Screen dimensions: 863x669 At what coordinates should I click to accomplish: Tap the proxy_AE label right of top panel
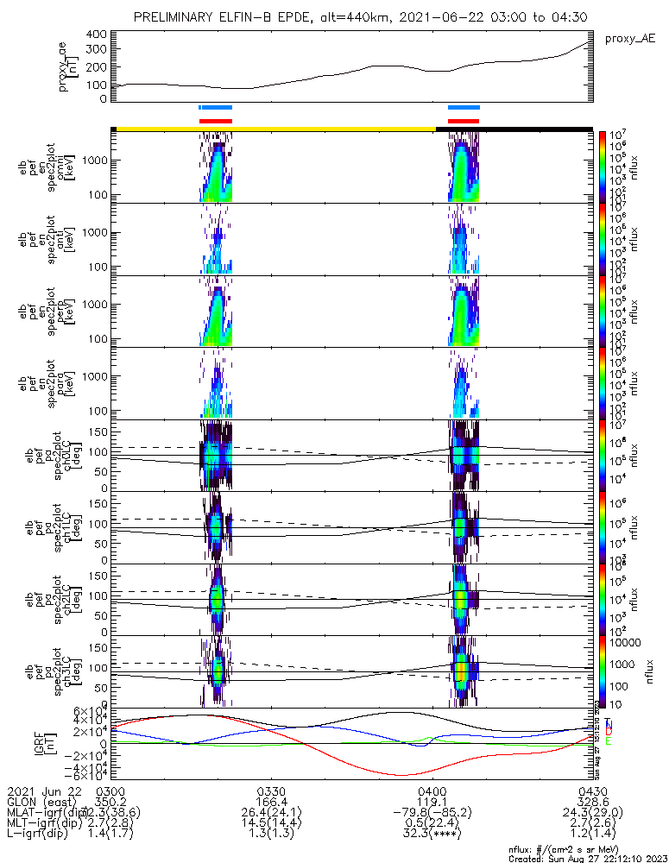630,39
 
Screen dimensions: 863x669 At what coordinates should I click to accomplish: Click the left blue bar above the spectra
215,107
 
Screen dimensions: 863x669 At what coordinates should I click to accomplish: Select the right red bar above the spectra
464,121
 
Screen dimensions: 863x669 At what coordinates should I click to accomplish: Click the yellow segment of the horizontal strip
276,129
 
